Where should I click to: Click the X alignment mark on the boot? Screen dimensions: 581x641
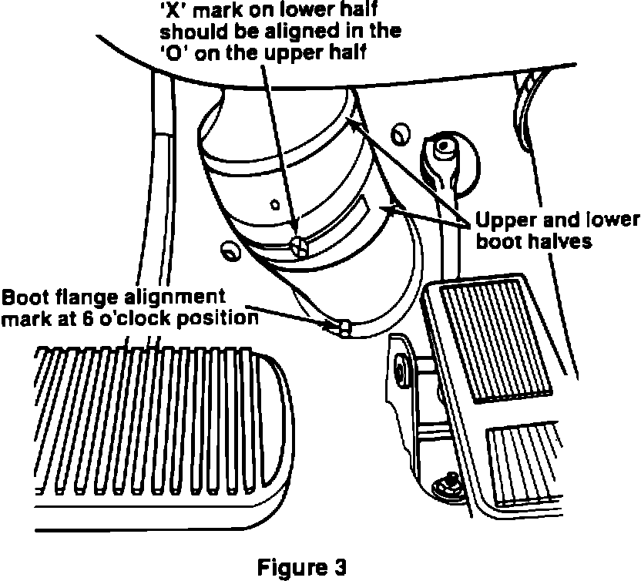coord(300,246)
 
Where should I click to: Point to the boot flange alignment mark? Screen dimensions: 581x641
coord(343,328)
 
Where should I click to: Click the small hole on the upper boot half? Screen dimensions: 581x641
coord(274,205)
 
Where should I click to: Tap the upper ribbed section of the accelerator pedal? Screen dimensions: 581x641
coord(482,339)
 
